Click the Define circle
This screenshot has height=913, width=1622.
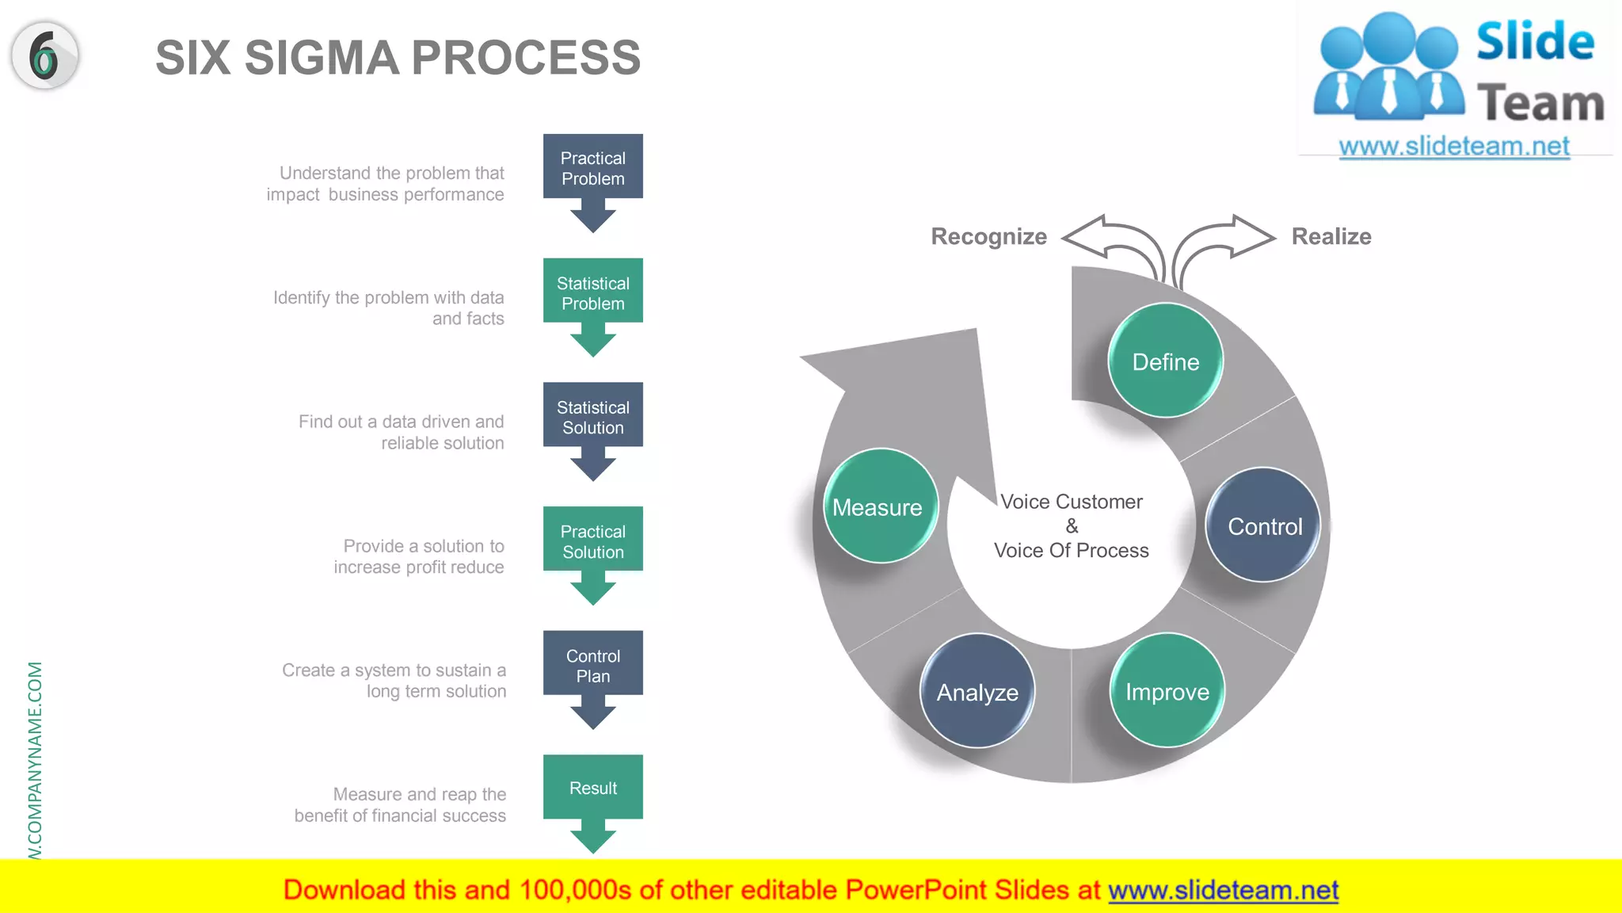(1165, 361)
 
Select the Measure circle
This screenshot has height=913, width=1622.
(878, 506)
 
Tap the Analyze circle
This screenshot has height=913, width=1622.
(977, 691)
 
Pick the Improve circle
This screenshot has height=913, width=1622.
(1167, 691)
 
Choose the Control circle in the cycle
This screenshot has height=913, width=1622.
(1263, 525)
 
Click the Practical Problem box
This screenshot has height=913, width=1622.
(592, 167)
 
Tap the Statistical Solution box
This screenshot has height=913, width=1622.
(592, 416)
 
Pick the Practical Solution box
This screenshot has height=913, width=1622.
(592, 541)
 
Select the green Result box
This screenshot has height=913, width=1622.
(592, 788)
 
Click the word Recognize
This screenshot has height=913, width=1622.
(988, 236)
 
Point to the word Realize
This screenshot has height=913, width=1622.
(1331, 236)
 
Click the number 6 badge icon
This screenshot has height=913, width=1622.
(45, 55)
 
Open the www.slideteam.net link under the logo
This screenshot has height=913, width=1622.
(1453, 147)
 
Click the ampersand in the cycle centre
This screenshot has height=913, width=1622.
(1072, 526)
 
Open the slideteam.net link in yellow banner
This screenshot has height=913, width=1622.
(1223, 890)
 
